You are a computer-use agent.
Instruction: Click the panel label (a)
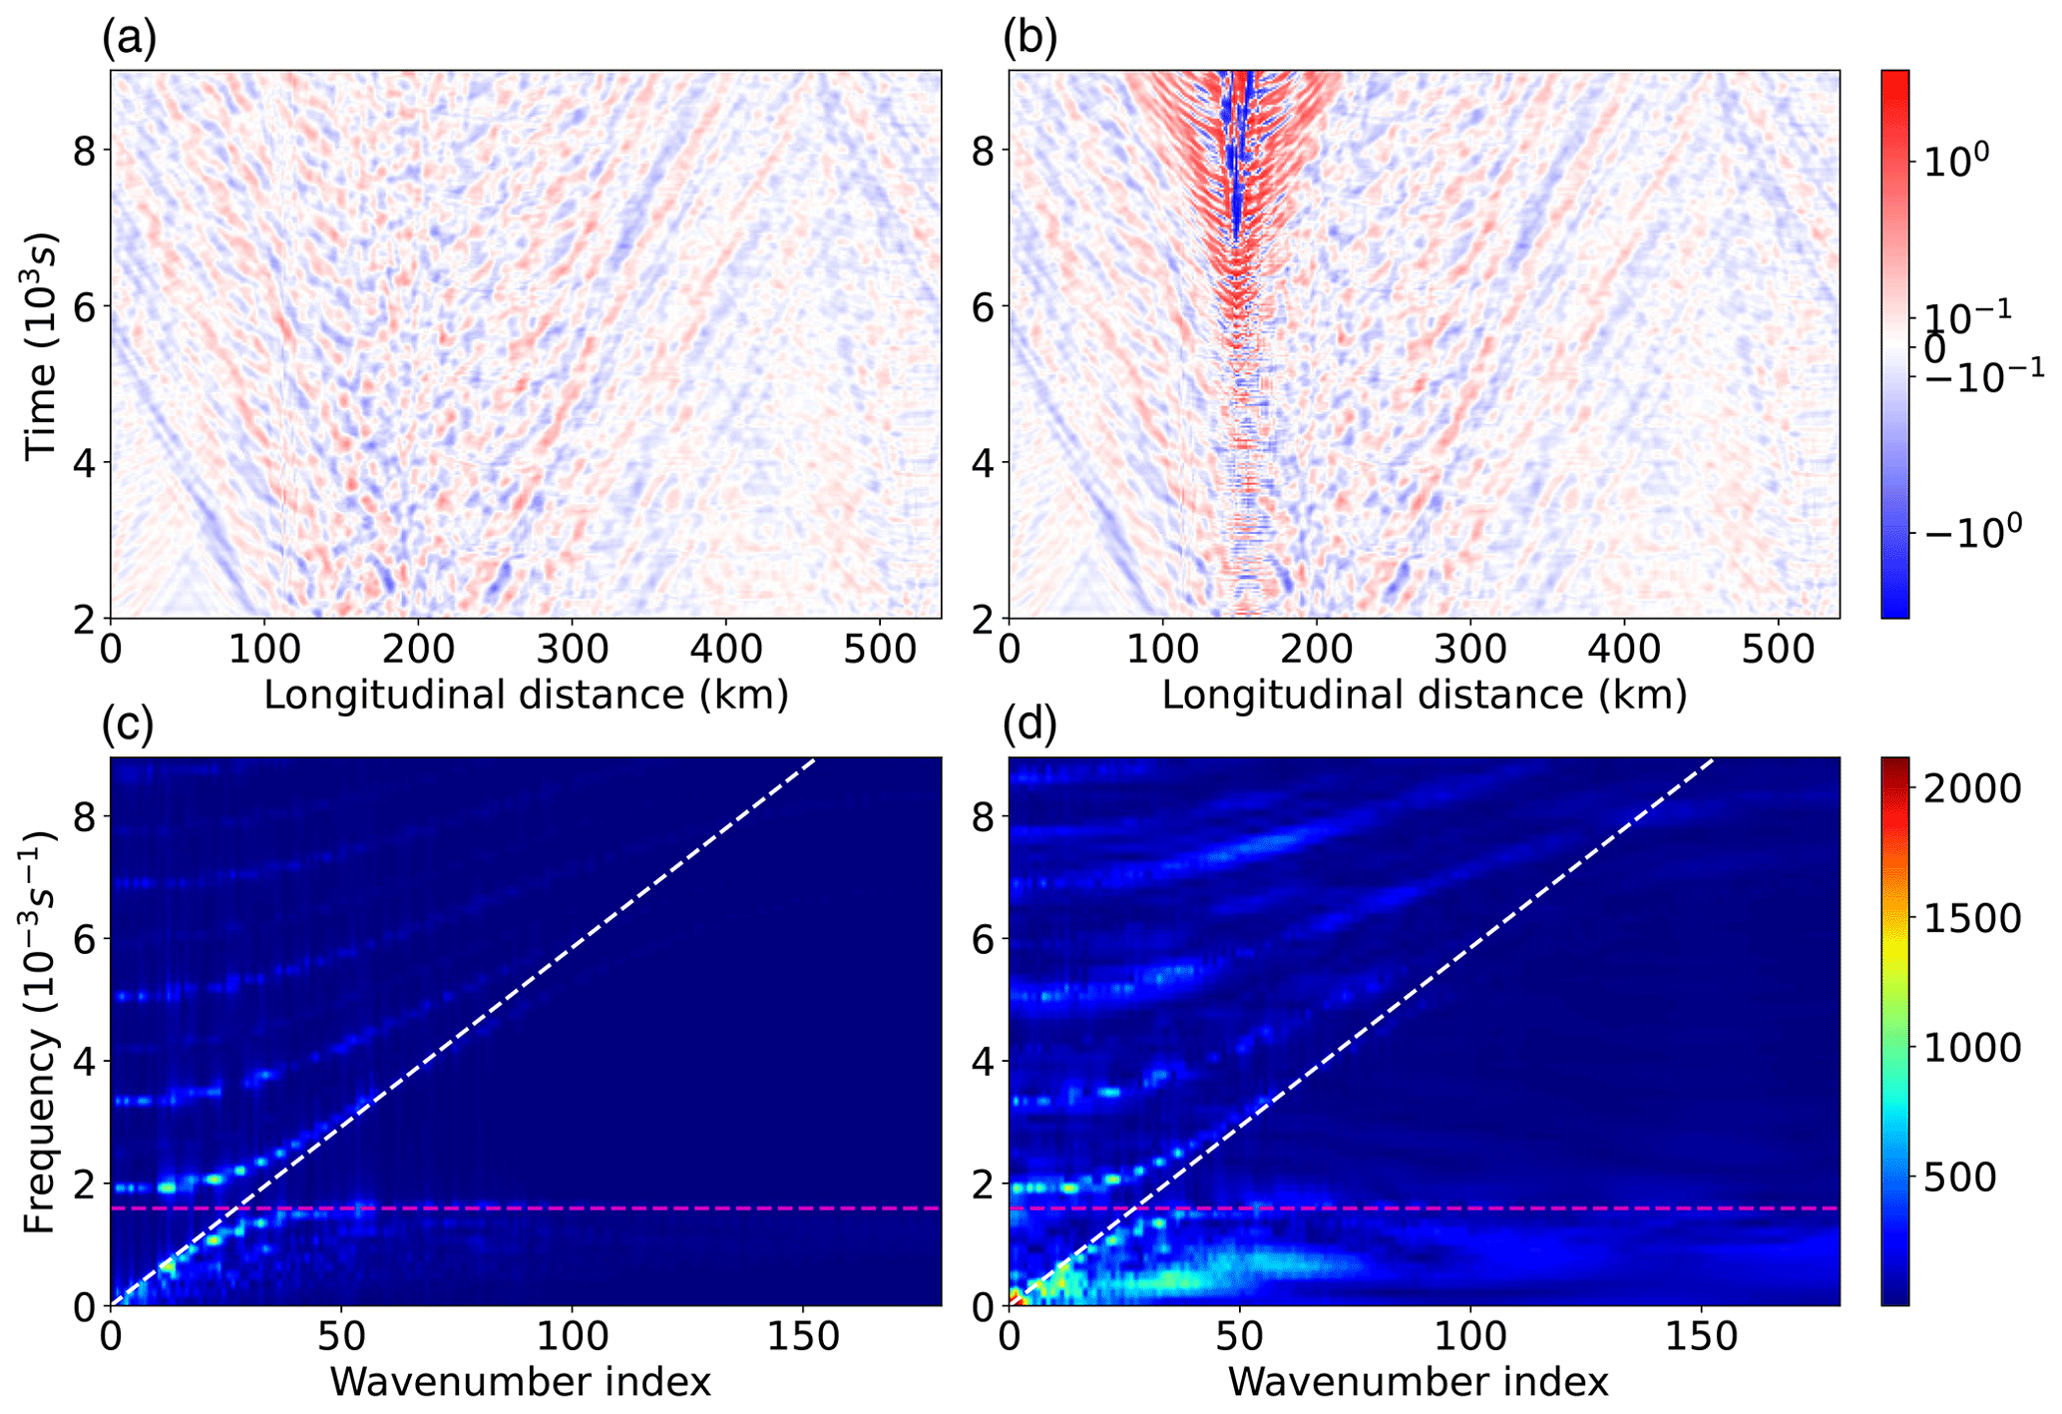coord(130,39)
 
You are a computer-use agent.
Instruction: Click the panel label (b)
coord(1030,39)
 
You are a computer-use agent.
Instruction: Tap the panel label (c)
coord(129,724)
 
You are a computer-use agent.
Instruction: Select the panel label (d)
coord(1030,724)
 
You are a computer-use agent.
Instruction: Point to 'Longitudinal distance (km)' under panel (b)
coord(1424,695)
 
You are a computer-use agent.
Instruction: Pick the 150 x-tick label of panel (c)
coord(803,1336)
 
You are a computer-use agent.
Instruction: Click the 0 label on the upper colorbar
coord(1934,349)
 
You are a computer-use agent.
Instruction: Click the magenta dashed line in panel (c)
coord(526,1208)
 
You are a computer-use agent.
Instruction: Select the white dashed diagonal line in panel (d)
coord(1362,1032)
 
